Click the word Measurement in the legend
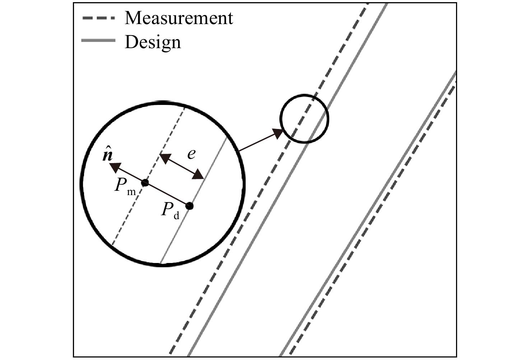point(179,18)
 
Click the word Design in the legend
point(153,42)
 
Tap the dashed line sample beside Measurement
point(98,18)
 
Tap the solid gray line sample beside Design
point(98,41)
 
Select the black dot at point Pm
point(145,183)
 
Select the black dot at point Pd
point(189,206)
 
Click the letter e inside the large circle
point(191,154)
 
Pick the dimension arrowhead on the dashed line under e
point(165,158)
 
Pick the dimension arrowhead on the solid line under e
point(198,174)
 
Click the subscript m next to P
point(131,192)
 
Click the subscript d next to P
point(176,216)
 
